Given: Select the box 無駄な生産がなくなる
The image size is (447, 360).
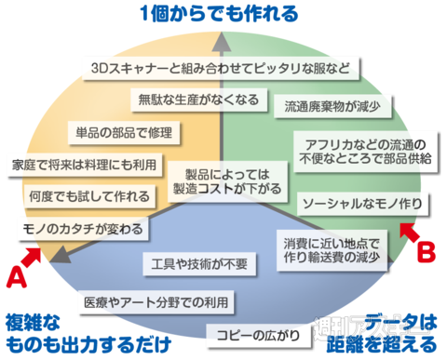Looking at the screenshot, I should [198, 99].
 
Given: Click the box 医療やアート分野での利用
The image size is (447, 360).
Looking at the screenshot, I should [153, 302].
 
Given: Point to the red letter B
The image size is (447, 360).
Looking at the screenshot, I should [425, 250].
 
